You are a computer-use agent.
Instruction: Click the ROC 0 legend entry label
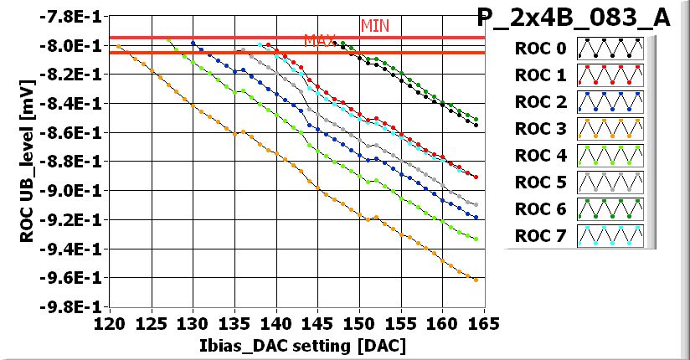coord(539,49)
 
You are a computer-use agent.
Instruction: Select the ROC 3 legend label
coord(539,129)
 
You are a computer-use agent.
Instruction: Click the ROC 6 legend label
coord(539,209)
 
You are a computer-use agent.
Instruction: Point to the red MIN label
coord(375,26)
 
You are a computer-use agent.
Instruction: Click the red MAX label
coord(320,40)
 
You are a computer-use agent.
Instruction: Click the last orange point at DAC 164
coord(476,280)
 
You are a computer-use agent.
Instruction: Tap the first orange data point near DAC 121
coord(118,46)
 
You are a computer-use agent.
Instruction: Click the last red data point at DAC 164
coord(476,177)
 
